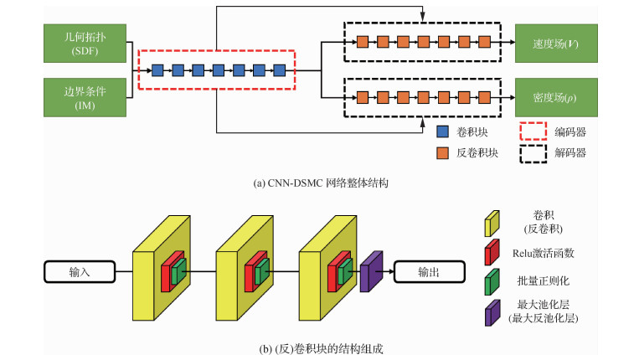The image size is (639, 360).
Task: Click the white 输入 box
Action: (x=79, y=271)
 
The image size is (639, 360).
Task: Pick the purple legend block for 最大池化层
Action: (x=491, y=312)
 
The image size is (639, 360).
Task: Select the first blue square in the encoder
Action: (x=157, y=69)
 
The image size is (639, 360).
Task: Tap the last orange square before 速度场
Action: (x=485, y=41)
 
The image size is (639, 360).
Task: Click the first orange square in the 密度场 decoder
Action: (x=363, y=96)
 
